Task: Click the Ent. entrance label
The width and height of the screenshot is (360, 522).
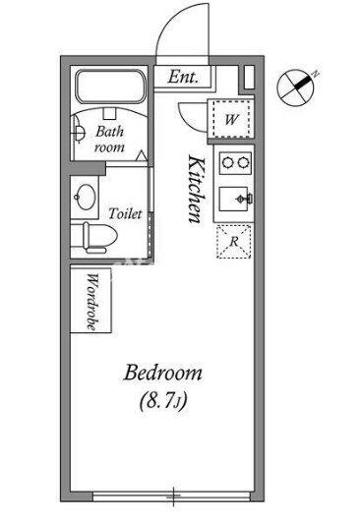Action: (x=183, y=77)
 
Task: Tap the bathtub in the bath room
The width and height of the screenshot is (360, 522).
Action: (x=111, y=87)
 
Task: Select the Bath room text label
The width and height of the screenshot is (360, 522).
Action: (x=109, y=140)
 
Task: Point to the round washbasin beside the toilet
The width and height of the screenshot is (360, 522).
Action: (x=87, y=197)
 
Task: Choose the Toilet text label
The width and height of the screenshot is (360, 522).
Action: (x=125, y=213)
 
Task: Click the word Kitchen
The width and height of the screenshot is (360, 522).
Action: (x=197, y=189)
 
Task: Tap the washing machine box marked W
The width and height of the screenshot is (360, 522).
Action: (x=231, y=119)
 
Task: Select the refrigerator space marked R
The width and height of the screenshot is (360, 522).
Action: (x=233, y=242)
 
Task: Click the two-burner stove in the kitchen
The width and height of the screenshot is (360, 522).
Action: (x=235, y=163)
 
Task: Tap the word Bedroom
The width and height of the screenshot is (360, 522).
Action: (x=163, y=374)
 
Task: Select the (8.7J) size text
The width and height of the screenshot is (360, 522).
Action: (x=163, y=400)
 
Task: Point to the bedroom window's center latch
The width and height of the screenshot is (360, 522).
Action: (x=174, y=496)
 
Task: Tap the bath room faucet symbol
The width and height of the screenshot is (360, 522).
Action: (x=78, y=134)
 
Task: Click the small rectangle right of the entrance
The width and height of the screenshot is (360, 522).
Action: (x=249, y=78)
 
